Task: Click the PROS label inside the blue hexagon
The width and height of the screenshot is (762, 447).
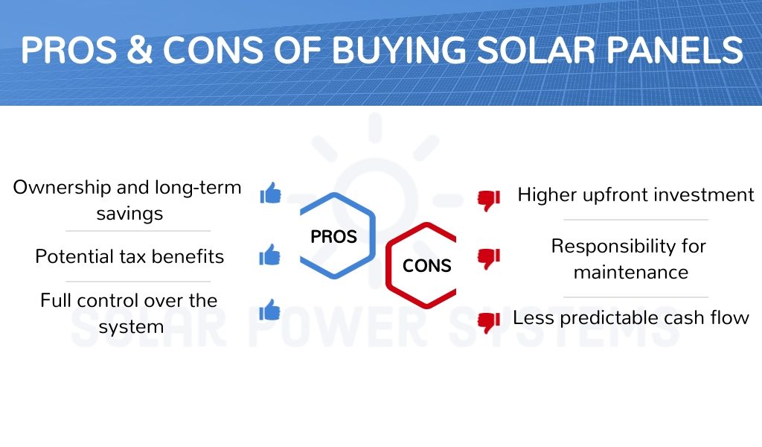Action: point(334,237)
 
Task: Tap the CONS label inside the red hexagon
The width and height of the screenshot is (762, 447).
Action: point(426,265)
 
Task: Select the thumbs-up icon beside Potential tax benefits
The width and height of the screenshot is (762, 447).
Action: point(270,255)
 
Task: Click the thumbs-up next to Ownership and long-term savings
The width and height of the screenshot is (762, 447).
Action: point(271,193)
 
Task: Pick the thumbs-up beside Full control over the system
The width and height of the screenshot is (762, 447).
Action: point(270,310)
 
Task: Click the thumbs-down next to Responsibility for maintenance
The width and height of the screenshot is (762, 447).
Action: point(489,259)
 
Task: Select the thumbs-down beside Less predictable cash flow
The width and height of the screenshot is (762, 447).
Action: point(489,322)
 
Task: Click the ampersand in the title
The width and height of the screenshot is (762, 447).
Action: point(140,50)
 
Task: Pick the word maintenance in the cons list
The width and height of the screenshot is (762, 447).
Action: point(631,273)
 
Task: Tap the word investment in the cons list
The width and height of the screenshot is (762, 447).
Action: point(704,194)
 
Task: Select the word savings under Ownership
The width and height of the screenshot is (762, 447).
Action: point(129,214)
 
